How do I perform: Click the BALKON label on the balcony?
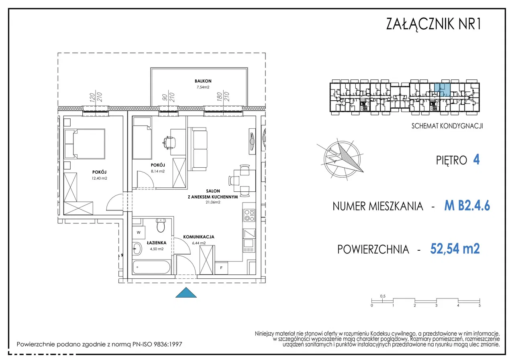pos(203,81)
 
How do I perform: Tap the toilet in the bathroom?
pos(161,225)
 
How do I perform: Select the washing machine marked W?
pos(139,232)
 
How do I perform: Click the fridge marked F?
pos(221,268)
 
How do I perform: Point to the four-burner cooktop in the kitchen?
pos(249,215)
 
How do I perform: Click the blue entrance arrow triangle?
pos(186,292)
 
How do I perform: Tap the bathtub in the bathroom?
pos(151,267)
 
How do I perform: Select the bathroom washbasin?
pos(137,248)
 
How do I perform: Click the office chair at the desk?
pos(169,142)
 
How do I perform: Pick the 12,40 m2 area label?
pos(99,178)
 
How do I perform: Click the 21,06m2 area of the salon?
pos(213,202)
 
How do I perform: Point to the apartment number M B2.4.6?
pos(467,205)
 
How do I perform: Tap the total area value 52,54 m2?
pos(455,249)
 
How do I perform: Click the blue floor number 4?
pos(476,160)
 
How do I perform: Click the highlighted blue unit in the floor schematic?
pos(443,90)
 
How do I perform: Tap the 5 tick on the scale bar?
pos(479,306)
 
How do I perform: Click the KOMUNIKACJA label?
pos(199,237)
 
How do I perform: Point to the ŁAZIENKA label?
pos(157,243)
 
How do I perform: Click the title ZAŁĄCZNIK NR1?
pos(433,24)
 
